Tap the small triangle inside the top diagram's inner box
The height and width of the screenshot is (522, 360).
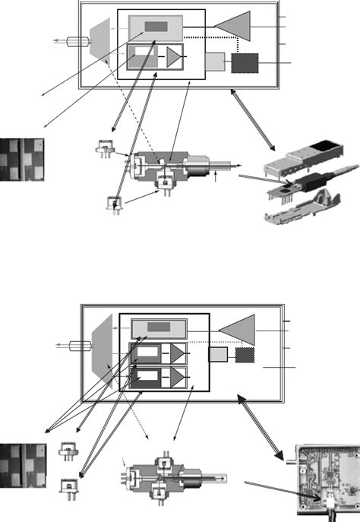[x=175, y=58]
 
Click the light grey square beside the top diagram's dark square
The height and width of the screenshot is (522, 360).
[x=215, y=62]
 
